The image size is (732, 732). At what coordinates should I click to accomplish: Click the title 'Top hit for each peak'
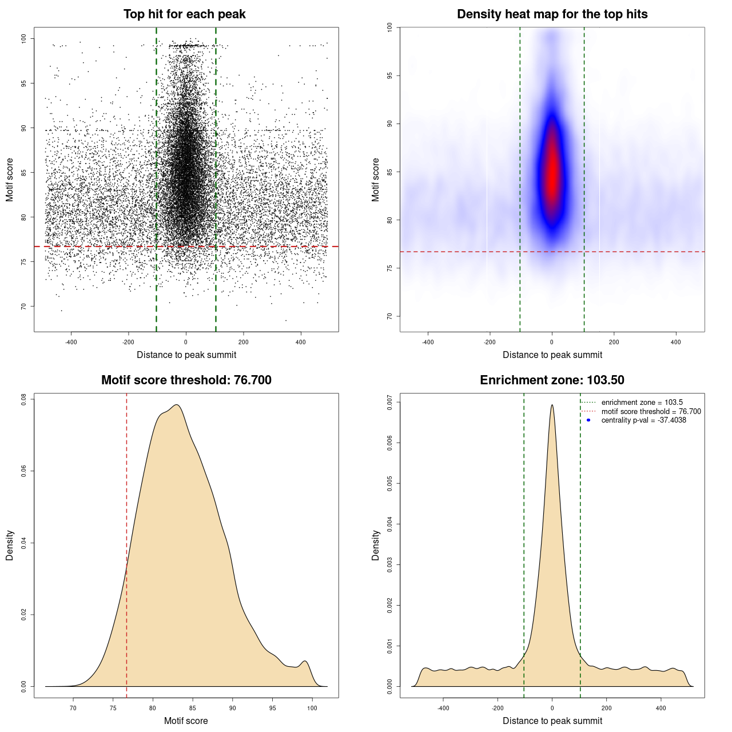coord(184,14)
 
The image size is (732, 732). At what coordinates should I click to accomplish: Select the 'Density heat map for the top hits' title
coord(552,14)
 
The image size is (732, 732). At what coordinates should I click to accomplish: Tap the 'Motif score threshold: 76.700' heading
coord(186,380)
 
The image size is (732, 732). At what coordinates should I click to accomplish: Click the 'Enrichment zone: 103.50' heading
coord(552,380)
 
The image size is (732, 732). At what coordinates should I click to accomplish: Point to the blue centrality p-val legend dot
coord(588,420)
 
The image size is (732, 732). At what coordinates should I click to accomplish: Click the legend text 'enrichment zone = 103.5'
coord(642,403)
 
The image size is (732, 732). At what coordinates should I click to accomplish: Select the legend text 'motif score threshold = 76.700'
coord(651,412)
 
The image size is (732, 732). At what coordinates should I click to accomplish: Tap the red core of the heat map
coord(552,172)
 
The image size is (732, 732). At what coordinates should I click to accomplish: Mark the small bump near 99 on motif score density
coord(305,662)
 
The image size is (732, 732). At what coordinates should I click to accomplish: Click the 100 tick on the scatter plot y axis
coord(24,38)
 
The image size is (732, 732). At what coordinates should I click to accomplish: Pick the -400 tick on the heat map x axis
coord(428,342)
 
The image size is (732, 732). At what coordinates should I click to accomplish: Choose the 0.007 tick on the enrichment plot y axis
coord(390,402)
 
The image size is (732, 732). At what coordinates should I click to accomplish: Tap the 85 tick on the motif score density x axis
coord(193,708)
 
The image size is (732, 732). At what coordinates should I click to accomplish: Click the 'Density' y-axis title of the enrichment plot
coord(376,545)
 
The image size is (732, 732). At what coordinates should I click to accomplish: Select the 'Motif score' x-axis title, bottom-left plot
coord(186,721)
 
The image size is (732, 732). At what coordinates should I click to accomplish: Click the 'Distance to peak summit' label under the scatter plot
coord(186,355)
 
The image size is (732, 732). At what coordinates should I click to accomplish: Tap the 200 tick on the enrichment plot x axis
coord(606,708)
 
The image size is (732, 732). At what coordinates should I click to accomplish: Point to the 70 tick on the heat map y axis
coord(390,316)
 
